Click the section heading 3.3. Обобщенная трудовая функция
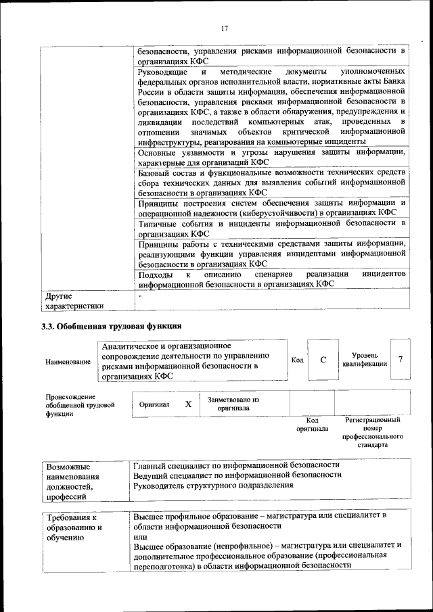tap(112, 327)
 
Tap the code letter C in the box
tap(323, 360)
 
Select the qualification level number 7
tap(401, 360)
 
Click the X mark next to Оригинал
tap(188, 404)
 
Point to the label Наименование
tap(68, 362)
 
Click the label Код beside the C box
tap(297, 360)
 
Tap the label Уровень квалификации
tap(365, 360)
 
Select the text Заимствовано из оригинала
tap(233, 404)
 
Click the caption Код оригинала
tap(312, 424)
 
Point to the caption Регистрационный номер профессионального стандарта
tap(372, 433)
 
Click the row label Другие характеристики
tap(74, 300)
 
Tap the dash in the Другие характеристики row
tap(139, 296)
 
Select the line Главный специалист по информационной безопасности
tap(236, 465)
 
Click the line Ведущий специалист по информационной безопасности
tap(237, 475)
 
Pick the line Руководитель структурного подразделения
tap(213, 485)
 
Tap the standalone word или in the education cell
tap(139, 536)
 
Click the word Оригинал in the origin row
tap(154, 404)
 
